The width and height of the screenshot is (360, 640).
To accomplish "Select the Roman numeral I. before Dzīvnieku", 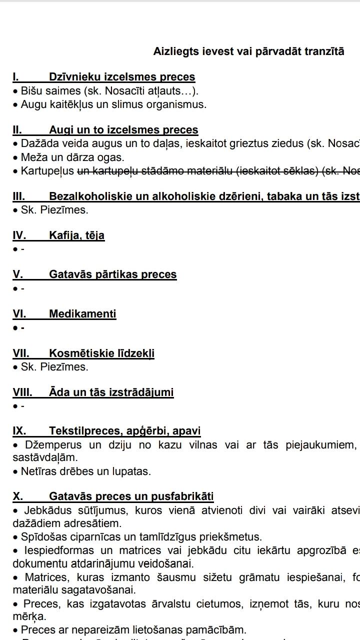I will click(x=16, y=77).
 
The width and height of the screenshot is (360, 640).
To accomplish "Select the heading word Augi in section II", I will click(x=60, y=130).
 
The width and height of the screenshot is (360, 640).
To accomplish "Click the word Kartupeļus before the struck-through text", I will click(x=47, y=171).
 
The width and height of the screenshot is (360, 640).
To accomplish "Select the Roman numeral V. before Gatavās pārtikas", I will click(x=17, y=274).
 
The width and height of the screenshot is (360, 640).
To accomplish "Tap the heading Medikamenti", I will click(x=82, y=314).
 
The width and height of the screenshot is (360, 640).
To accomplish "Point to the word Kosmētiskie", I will click(x=77, y=353).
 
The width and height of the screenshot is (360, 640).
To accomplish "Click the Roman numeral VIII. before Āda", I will click(x=22, y=392).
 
